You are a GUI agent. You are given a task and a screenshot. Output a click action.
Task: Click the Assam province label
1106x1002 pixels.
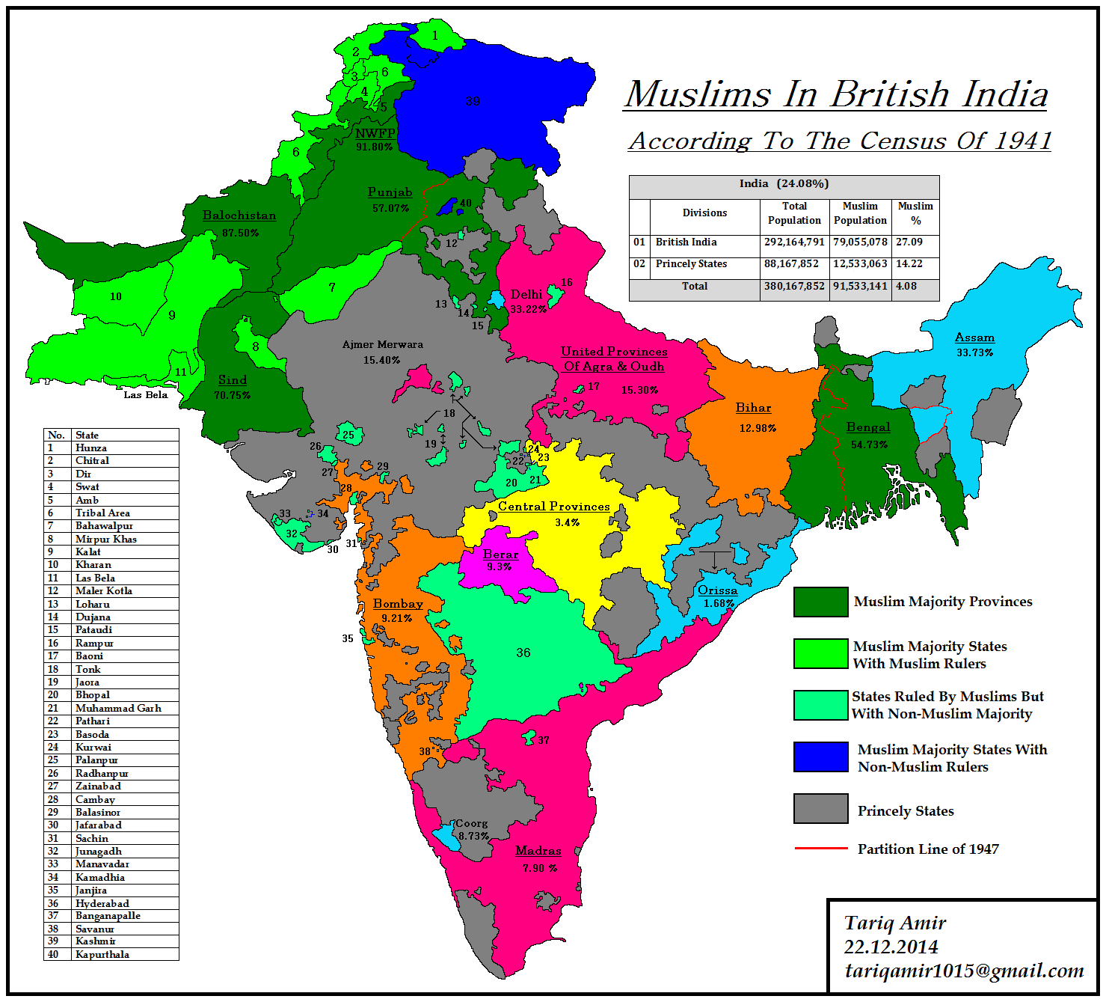pyautogui.click(x=974, y=337)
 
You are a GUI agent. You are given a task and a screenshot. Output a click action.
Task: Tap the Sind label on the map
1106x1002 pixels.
pyautogui.click(x=233, y=380)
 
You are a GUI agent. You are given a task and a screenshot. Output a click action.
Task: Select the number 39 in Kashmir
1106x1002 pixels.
pyautogui.click(x=473, y=102)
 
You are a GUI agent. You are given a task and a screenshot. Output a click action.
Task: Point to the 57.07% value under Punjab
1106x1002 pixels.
pyautogui.click(x=390, y=208)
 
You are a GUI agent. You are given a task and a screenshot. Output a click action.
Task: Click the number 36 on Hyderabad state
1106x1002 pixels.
pyautogui.click(x=523, y=653)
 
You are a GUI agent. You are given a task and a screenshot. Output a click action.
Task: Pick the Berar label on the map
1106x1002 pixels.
pyautogui.click(x=500, y=555)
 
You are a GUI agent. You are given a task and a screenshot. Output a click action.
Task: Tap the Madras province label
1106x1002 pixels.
pyautogui.click(x=538, y=851)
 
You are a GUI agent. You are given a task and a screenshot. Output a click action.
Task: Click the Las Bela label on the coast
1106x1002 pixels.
pyautogui.click(x=146, y=395)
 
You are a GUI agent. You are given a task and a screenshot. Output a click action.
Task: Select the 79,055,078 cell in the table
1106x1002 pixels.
pyautogui.click(x=860, y=242)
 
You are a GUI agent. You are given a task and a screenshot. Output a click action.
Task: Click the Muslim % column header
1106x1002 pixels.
pyautogui.click(x=915, y=213)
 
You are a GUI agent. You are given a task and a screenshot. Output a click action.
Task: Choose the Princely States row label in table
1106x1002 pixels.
pyautogui.click(x=691, y=264)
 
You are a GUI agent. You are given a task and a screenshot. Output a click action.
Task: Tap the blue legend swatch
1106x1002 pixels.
pyautogui.click(x=821, y=757)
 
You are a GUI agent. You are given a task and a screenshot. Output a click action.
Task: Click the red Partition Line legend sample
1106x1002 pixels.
pyautogui.click(x=821, y=849)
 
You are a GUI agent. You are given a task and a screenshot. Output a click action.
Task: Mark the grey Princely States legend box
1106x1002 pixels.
pyautogui.click(x=821, y=809)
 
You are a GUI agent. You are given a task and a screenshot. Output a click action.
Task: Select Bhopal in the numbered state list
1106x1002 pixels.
pyautogui.click(x=93, y=695)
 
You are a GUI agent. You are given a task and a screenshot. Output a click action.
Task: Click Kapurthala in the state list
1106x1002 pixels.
pyautogui.click(x=102, y=955)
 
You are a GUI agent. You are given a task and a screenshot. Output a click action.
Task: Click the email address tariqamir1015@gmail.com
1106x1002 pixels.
pyautogui.click(x=964, y=971)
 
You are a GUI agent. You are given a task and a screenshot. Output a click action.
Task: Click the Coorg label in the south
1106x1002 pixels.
pyautogui.click(x=472, y=824)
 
